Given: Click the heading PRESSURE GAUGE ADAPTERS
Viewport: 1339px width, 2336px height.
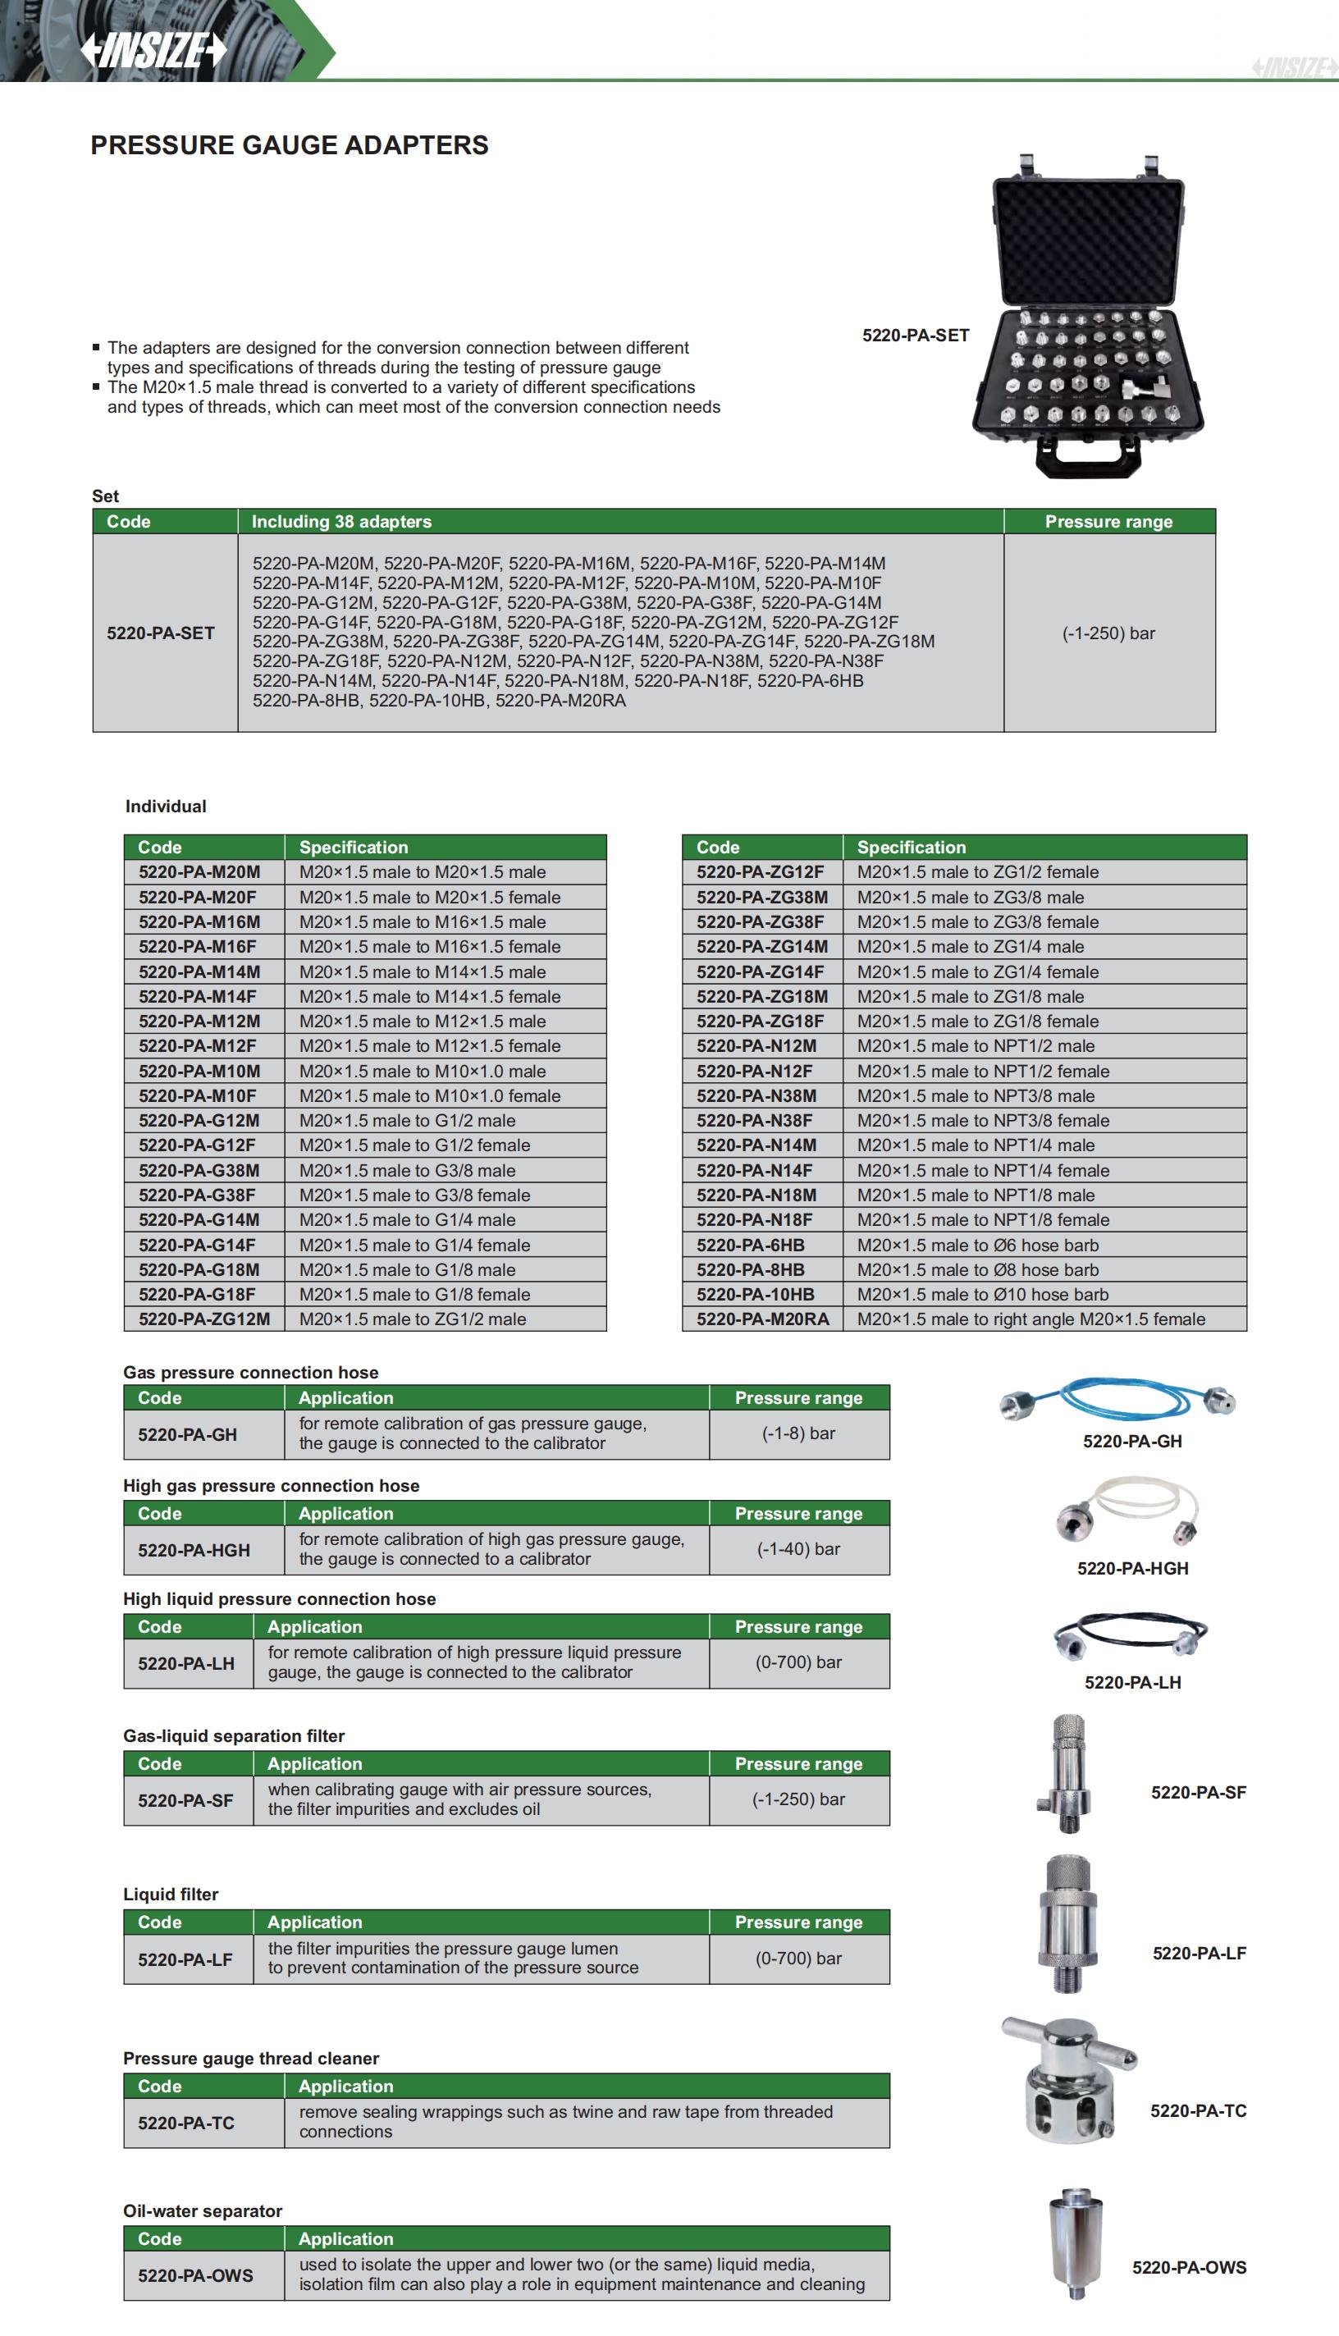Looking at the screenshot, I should [289, 145].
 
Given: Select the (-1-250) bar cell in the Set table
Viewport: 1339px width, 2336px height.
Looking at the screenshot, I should [1108, 633].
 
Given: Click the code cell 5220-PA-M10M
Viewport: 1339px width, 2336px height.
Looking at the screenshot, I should [199, 1071].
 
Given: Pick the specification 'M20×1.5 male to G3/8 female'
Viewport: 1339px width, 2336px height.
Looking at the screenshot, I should [415, 1195].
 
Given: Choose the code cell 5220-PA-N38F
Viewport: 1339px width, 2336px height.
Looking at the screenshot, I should [754, 1120].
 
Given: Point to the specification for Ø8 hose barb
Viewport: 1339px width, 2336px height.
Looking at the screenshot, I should [977, 1269].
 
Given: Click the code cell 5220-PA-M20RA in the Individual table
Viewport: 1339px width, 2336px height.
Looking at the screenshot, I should [762, 1319].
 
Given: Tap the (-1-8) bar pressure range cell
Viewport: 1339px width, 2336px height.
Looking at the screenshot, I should [798, 1433].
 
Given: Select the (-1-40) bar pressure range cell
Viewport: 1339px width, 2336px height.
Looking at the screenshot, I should [798, 1549].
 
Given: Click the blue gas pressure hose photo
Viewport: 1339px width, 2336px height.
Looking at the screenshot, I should [1117, 1400].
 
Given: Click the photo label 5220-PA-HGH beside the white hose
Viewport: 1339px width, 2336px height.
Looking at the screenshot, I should [1132, 1568].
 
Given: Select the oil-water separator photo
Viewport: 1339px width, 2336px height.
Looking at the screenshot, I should [1075, 2244].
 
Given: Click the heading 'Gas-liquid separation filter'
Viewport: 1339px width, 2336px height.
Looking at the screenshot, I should [234, 1735].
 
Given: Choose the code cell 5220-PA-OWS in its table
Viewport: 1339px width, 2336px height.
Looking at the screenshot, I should [195, 2275].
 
